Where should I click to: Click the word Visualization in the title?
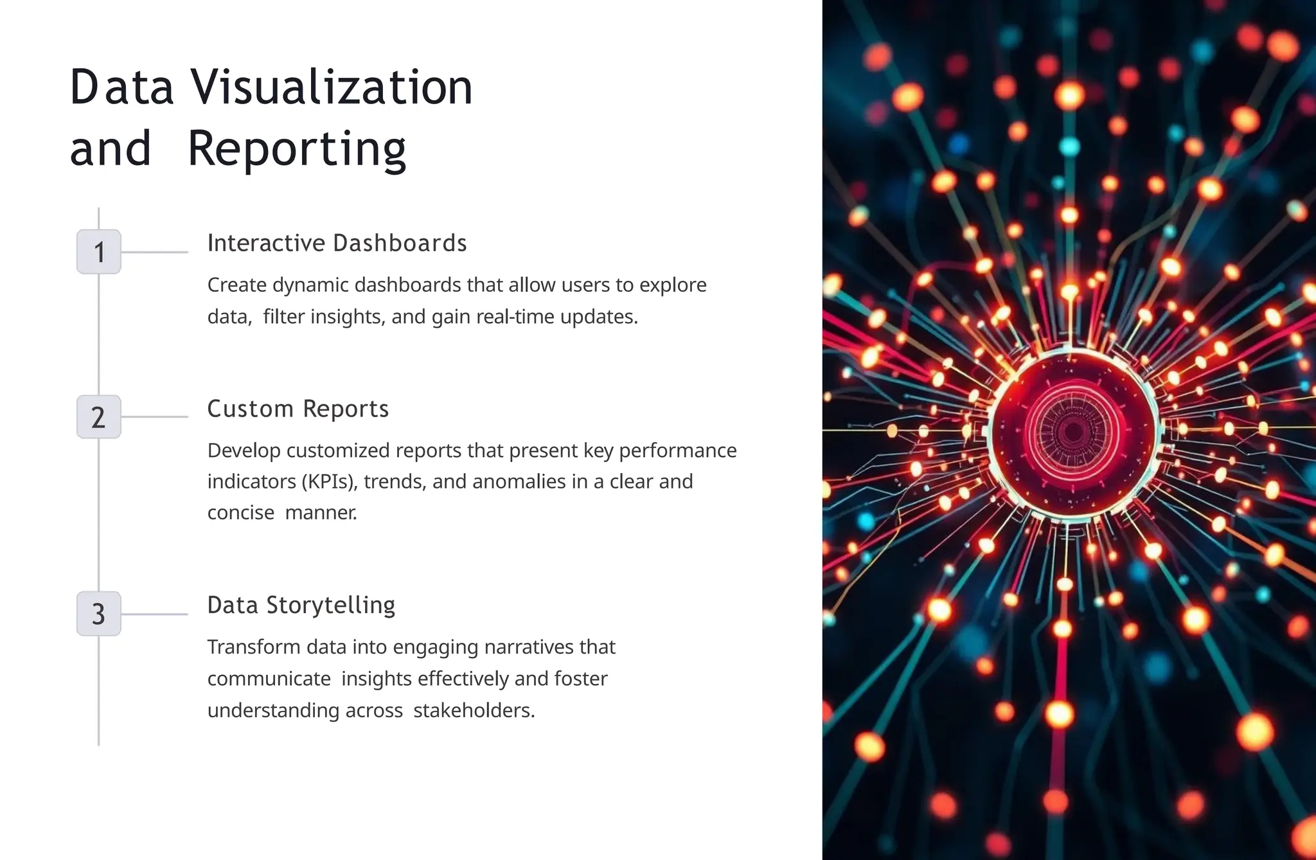(332, 87)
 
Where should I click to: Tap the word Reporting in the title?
(297, 149)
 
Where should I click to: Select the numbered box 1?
(99, 252)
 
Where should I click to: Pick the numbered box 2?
(99, 417)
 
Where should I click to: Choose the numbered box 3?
(99, 614)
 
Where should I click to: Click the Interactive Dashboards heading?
(337, 243)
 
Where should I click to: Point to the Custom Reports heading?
(298, 409)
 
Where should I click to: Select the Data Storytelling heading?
(301, 605)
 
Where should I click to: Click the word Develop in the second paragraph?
(244, 451)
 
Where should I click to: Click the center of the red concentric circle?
(1072, 432)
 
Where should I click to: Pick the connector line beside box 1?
(154, 252)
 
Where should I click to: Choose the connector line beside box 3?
(154, 614)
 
